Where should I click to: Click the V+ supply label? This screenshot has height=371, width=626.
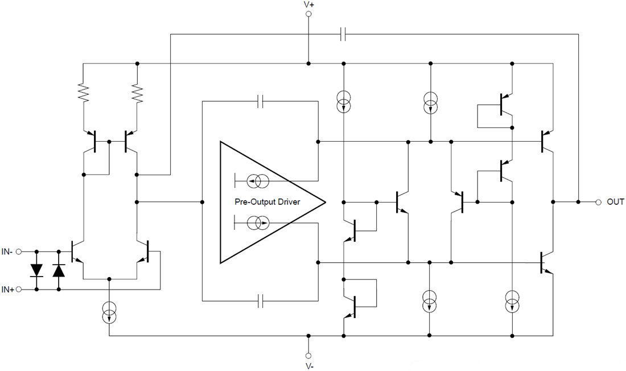click(308, 5)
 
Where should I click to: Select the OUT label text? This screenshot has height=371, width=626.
click(615, 202)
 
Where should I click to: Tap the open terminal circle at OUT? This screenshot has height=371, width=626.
click(598, 202)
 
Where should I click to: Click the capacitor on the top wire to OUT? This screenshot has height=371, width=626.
click(343, 35)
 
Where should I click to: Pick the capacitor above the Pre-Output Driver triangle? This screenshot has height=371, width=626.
click(260, 101)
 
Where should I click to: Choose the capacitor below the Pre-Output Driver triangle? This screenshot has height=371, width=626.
click(260, 300)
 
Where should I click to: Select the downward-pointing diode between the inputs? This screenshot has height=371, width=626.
click(37, 270)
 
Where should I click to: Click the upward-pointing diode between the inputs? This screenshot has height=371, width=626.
click(59, 270)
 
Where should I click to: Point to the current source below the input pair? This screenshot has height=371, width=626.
click(109, 312)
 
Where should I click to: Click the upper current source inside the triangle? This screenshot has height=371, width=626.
click(260, 182)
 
